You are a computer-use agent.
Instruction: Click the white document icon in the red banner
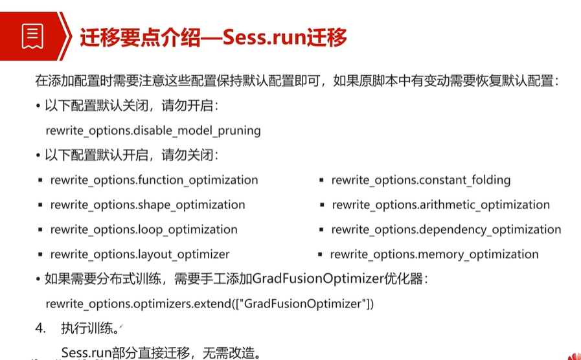point(32,36)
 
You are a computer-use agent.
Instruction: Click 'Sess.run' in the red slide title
point(265,38)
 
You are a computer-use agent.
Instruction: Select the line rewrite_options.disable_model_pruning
point(154,131)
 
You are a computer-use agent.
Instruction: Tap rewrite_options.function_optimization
point(154,180)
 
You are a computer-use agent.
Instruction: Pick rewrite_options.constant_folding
point(421,180)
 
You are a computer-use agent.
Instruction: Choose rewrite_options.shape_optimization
point(148,205)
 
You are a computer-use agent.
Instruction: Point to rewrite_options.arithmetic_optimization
point(441,205)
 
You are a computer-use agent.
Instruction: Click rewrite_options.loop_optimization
point(144,230)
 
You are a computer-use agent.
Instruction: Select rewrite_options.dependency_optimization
point(446,230)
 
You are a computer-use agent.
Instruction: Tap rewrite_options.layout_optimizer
point(140,254)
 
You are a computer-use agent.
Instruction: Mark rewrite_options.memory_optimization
point(434,254)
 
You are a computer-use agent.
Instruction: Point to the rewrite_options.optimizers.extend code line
point(210,304)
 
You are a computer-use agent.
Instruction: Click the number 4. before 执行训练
point(40,328)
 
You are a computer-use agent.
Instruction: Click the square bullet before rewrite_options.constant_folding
point(321,181)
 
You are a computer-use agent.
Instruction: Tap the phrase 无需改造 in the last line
point(228,352)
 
